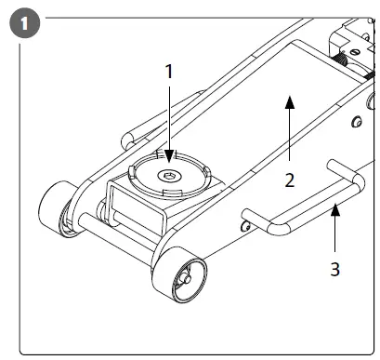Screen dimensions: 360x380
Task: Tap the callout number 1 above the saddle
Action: pyautogui.click(x=168, y=71)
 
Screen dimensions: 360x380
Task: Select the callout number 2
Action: pyautogui.click(x=290, y=180)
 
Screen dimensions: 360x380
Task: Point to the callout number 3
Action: pyautogui.click(x=336, y=270)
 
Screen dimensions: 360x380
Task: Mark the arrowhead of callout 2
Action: pyautogui.click(x=290, y=100)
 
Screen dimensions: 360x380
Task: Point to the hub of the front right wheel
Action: pyautogui.click(x=186, y=277)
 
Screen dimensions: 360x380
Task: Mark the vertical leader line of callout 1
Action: pyautogui.click(x=168, y=112)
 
